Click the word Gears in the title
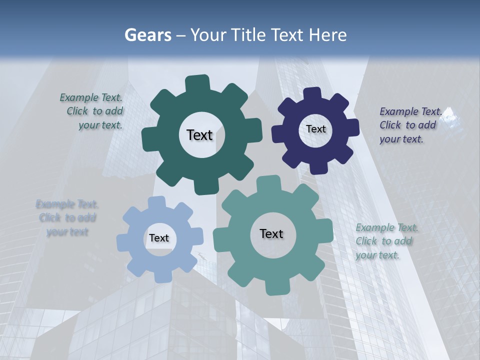(x=148, y=35)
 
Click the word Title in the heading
(x=251, y=35)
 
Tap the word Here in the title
(x=327, y=35)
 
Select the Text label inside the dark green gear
(x=199, y=135)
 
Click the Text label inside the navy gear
(x=315, y=129)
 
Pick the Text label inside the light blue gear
(x=159, y=238)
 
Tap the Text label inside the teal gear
(x=271, y=233)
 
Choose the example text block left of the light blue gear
(x=67, y=218)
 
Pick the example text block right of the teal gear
(x=386, y=241)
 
